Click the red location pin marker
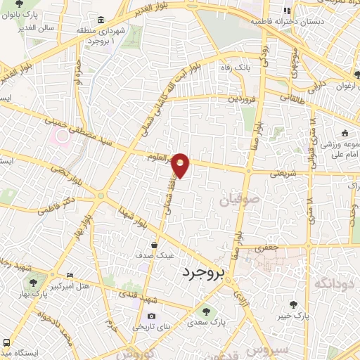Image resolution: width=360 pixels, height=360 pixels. click(181, 165)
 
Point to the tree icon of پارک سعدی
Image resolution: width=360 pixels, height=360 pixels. click(205, 311)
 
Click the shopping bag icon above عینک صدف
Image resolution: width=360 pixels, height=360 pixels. click(153, 244)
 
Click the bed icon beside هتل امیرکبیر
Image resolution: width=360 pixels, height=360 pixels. click(69, 275)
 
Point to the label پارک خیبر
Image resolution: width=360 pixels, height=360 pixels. click(292, 316)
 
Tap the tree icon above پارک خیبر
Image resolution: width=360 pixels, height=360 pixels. click(292, 304)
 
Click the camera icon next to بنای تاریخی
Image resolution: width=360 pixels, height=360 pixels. click(150, 316)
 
